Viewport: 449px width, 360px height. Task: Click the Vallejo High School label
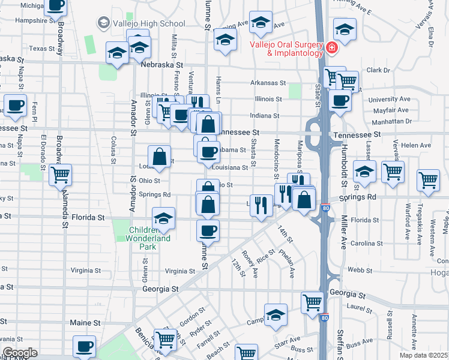click(148, 23)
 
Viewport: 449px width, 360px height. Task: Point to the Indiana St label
click(265, 116)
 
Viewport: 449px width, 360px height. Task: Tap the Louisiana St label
click(230, 169)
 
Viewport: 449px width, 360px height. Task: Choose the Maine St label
click(85, 323)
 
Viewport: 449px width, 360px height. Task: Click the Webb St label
click(373, 271)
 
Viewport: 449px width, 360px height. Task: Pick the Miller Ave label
click(344, 232)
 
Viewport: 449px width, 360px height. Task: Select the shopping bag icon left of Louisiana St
click(159, 157)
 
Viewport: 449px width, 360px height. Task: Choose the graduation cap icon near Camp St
click(276, 315)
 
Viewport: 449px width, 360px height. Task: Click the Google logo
click(20, 353)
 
